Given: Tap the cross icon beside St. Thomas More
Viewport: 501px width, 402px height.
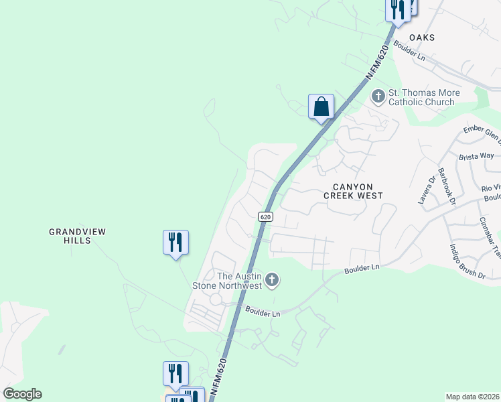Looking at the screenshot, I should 378,96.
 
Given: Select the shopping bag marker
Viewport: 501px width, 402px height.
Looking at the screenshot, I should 321,107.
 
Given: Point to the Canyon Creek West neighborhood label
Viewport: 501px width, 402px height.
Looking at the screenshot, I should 353,191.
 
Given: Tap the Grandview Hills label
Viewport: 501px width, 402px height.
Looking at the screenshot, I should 77,236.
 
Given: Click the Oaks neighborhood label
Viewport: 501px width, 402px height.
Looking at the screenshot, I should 422,38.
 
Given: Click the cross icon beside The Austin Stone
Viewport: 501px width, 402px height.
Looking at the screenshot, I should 271,280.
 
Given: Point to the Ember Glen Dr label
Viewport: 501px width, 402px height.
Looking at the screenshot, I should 482,133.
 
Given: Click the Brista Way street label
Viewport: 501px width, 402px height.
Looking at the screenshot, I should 477,155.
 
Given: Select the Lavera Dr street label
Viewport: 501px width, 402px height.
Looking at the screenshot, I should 424,190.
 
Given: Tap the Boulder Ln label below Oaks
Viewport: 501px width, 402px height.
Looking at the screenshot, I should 410,52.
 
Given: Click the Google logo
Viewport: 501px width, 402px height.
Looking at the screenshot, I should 22,394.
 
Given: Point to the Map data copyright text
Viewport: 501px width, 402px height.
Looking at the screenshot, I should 473,397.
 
